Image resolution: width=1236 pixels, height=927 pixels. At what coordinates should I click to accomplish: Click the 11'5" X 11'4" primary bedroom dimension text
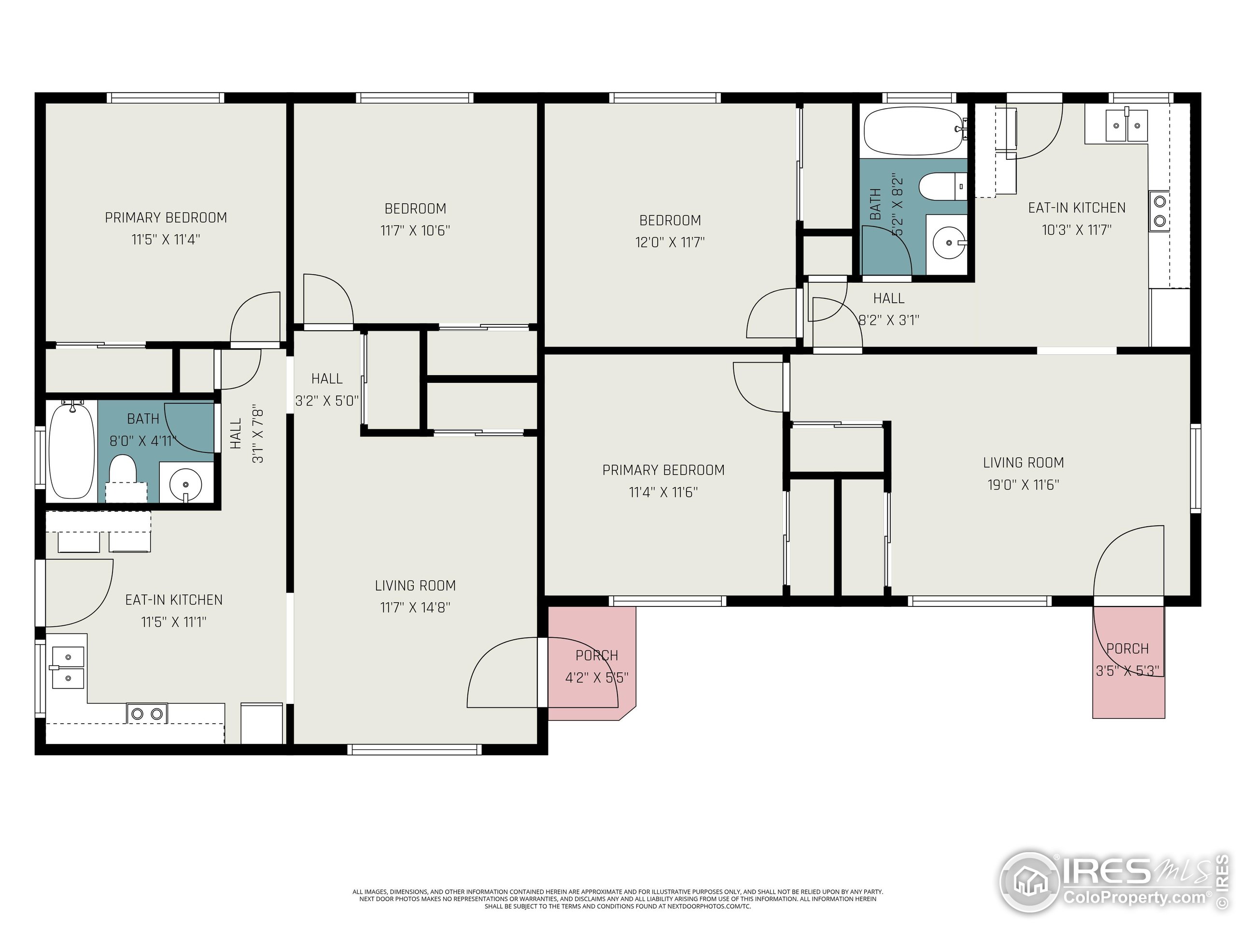[166, 239]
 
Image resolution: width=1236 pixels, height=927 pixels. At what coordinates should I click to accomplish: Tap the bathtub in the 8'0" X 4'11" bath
[71, 450]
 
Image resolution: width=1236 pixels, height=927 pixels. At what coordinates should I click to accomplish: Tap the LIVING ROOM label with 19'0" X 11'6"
[1023, 463]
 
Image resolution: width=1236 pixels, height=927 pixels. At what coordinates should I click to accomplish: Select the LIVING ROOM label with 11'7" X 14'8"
[415, 586]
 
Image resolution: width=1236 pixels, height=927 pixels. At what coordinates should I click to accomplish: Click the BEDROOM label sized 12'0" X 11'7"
[670, 220]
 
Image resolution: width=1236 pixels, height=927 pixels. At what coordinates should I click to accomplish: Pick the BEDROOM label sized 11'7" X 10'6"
[415, 209]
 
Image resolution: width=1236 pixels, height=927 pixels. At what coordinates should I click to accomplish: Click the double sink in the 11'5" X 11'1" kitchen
[68, 667]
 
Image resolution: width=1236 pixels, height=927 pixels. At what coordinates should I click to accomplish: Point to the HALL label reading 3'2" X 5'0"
[327, 379]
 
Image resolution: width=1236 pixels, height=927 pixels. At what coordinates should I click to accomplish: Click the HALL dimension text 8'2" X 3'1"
[888, 320]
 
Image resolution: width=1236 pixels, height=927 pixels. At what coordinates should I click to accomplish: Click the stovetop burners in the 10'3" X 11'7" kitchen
[1159, 210]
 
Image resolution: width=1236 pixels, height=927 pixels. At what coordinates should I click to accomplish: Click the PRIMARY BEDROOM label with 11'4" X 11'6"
[663, 470]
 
